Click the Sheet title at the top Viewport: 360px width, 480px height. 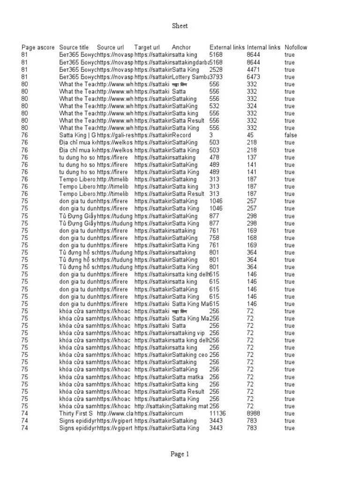[180, 26]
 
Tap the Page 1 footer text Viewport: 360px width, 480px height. [180, 454]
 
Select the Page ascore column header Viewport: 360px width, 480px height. [38, 47]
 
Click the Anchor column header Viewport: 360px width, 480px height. [181, 47]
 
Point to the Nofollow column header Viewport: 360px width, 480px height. [296, 47]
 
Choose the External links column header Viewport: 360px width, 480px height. [227, 47]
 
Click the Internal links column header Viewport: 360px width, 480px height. [263, 47]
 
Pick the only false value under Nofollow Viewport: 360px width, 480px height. [291, 135]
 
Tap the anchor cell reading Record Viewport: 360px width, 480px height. [181, 135]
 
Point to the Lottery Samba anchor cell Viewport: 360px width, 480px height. [190, 77]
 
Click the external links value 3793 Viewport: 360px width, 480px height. [216, 77]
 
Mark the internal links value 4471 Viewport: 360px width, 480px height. [254, 69]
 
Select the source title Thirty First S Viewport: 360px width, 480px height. [76, 413]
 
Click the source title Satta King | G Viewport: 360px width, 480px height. [77, 135]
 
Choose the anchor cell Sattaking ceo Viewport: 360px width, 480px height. [189, 355]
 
